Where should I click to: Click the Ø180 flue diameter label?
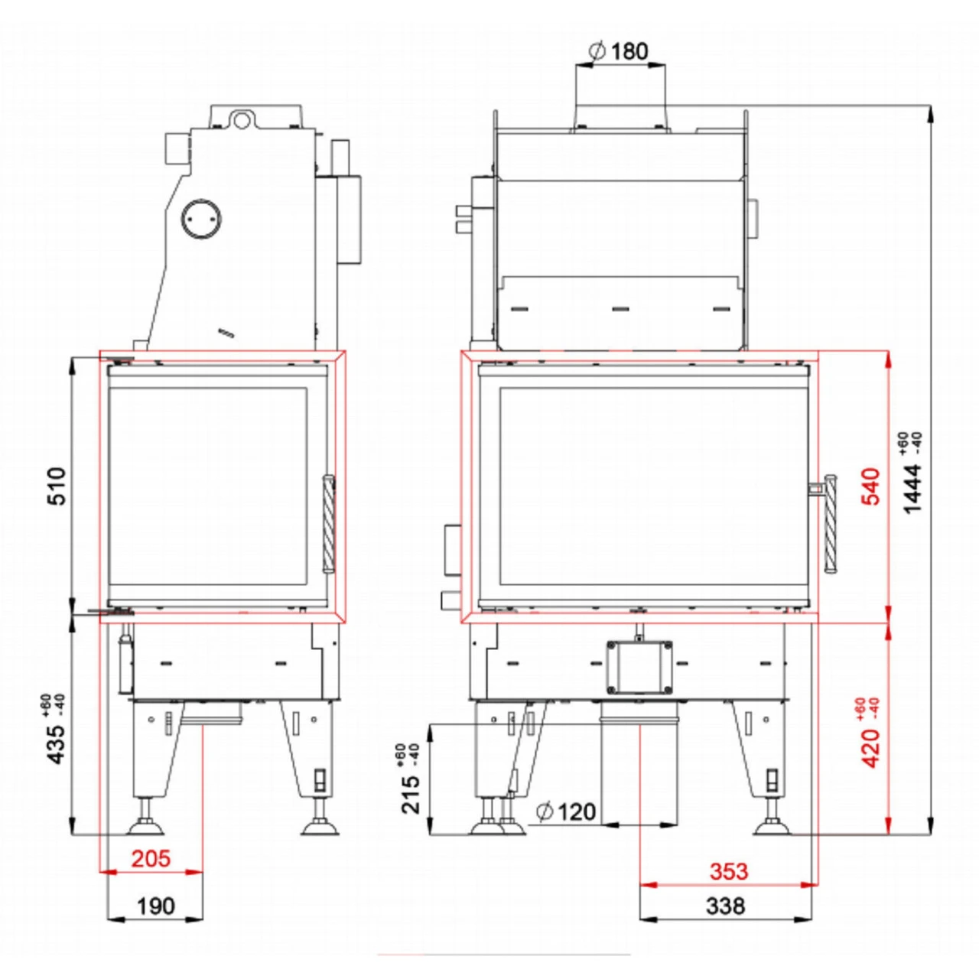618,50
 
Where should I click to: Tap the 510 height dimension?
57,486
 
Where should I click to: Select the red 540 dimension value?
871,486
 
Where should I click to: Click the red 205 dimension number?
151,859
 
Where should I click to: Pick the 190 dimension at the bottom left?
156,906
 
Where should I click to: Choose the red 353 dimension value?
729,871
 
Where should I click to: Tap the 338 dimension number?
726,906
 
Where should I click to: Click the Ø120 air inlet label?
566,811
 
